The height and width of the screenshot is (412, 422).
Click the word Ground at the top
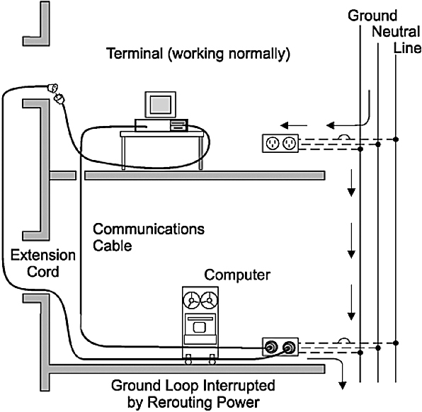point(372,16)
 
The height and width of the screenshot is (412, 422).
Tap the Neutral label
point(396,32)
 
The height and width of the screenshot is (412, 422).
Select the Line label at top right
point(407,48)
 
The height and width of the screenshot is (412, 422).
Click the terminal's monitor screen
point(160,105)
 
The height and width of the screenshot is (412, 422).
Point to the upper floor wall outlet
point(280,144)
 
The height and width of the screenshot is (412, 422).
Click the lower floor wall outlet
point(280,347)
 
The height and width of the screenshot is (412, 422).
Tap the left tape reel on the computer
point(191,300)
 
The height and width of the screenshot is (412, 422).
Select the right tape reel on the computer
point(209,300)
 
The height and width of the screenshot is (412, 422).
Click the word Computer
point(237,275)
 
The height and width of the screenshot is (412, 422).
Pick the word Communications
point(149,229)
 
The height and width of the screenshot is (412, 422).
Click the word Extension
point(42,255)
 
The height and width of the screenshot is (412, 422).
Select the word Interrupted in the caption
point(238,385)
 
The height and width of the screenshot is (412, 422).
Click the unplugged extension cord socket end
point(52,88)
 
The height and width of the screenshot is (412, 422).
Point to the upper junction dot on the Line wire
point(396,139)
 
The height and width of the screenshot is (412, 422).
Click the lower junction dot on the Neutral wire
point(378,348)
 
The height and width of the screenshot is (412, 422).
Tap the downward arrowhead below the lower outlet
point(342,386)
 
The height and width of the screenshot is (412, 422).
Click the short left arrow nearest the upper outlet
point(294,125)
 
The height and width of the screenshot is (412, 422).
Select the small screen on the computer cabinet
point(200,328)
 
